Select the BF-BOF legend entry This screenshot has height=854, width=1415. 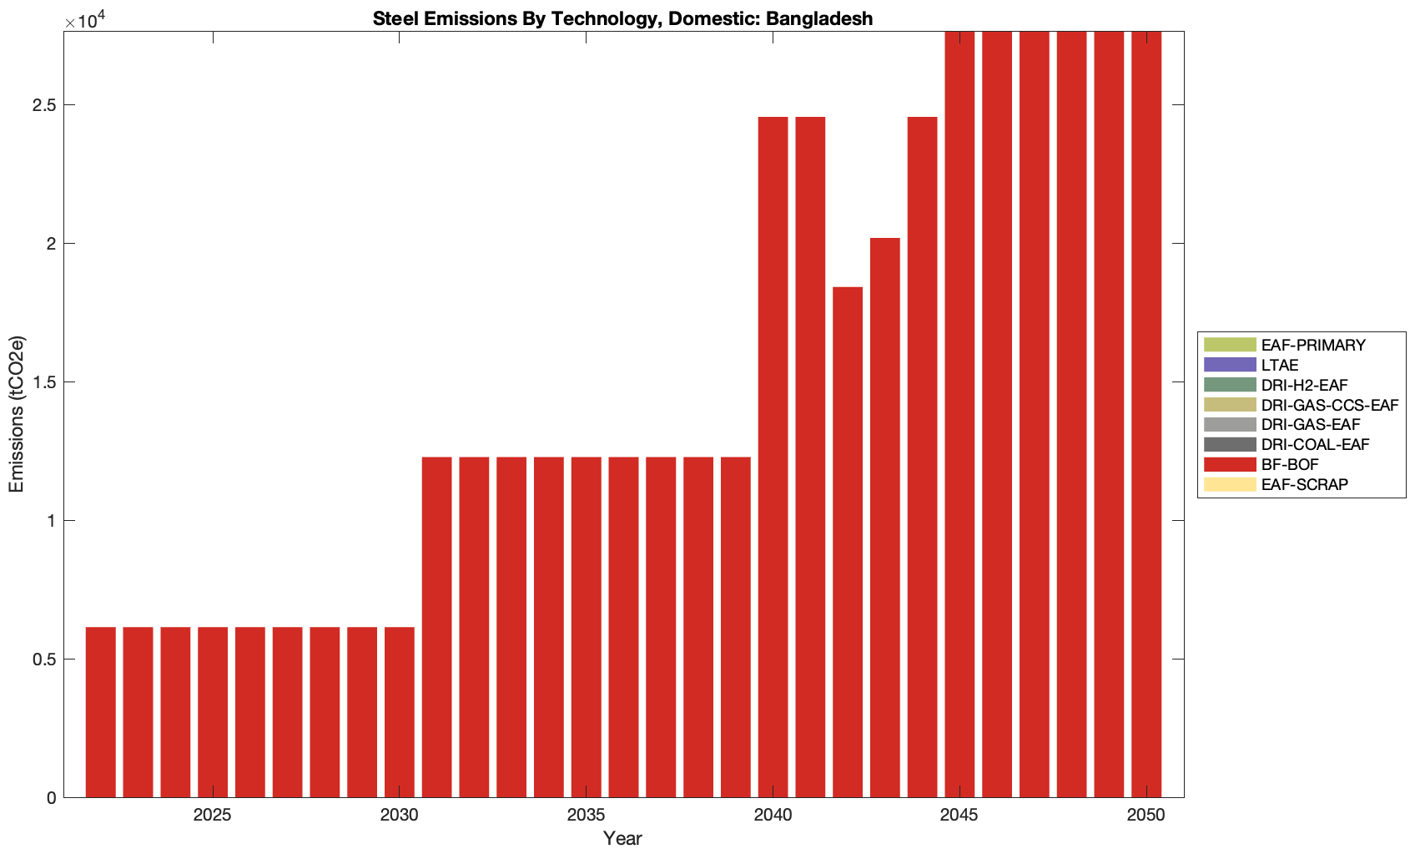coord(1290,465)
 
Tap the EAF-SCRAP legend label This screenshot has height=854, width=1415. coord(1304,485)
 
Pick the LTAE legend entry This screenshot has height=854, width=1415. coord(1280,366)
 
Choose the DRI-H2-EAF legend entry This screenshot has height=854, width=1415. coord(1304,386)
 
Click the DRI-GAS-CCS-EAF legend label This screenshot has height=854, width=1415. coord(1329,406)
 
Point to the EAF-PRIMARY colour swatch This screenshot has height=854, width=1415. coord(1229,345)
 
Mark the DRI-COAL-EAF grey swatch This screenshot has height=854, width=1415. coord(1229,445)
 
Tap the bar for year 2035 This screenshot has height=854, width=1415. coord(587,626)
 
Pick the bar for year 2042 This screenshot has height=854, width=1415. coord(848,543)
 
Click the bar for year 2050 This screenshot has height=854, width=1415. coord(1146,417)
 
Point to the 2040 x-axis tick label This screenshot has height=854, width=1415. coord(773,816)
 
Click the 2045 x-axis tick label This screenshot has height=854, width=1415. coord(959,816)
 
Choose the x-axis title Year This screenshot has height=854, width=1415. coord(622,838)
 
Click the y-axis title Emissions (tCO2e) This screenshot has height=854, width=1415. coord(17,414)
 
